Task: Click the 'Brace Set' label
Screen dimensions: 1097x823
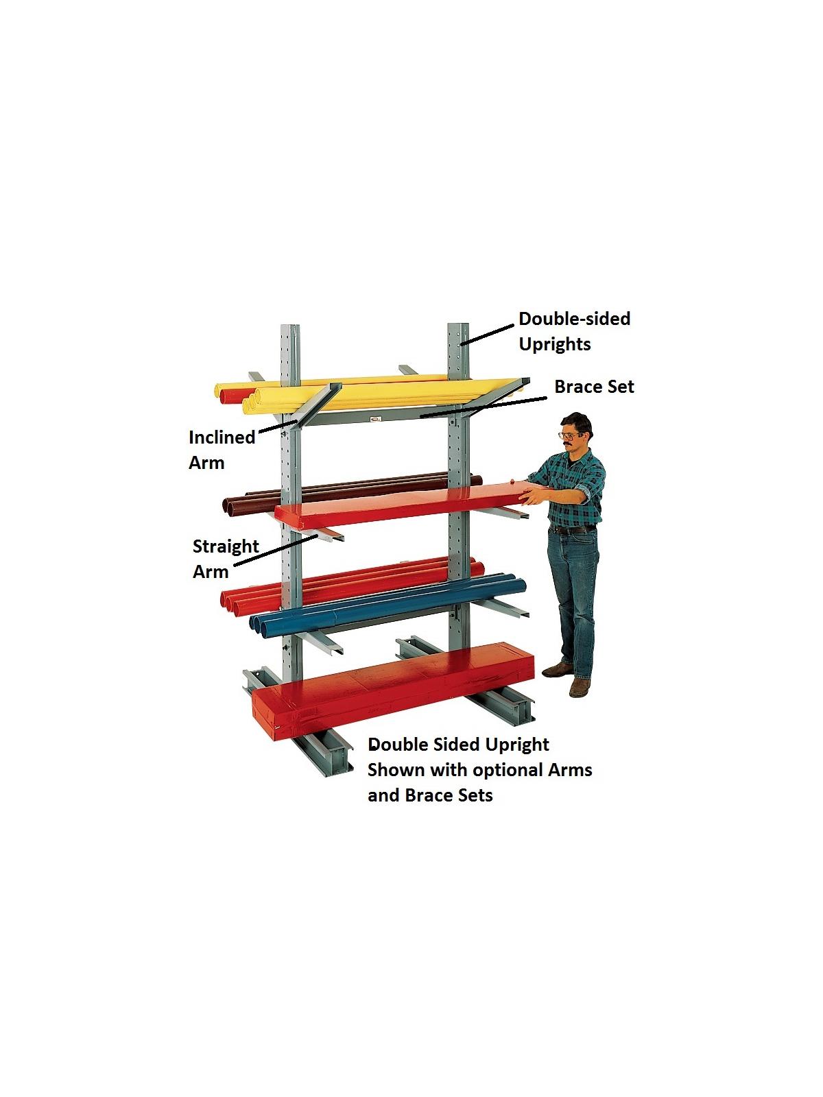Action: (x=594, y=387)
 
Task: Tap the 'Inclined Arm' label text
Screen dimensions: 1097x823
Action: (x=221, y=449)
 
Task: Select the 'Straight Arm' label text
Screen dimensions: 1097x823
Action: (x=225, y=558)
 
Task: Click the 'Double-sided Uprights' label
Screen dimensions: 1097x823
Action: (x=574, y=330)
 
